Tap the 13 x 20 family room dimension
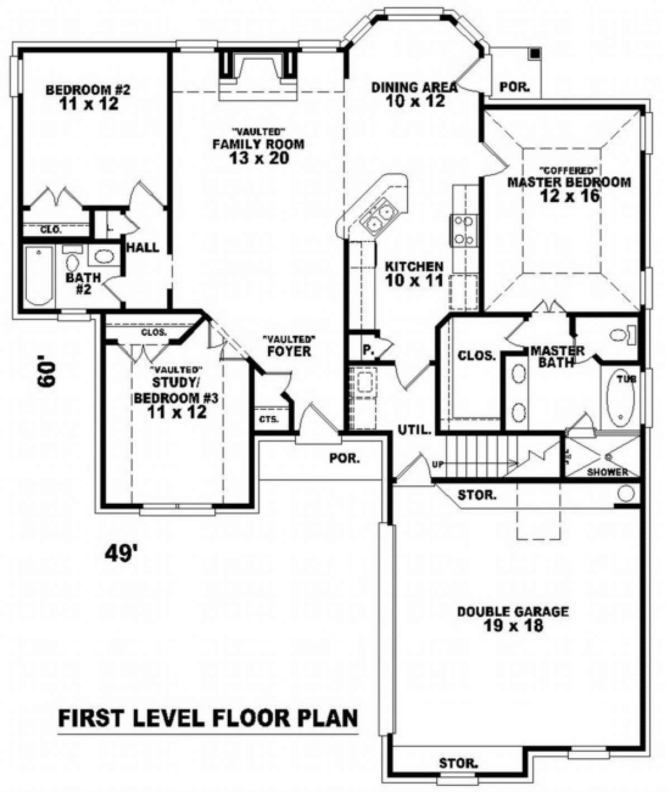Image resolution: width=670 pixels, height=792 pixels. pyautogui.click(x=258, y=158)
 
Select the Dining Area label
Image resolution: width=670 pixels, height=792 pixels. pyautogui.click(x=414, y=87)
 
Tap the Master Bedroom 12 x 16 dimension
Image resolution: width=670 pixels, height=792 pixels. pyautogui.click(x=569, y=195)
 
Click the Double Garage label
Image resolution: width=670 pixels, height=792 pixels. pyautogui.click(x=513, y=612)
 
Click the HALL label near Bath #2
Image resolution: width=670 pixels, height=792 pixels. pyautogui.click(x=143, y=247)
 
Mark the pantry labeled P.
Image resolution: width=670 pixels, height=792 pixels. pyautogui.click(x=367, y=350)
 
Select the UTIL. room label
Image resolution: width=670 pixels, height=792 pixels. pyautogui.click(x=414, y=429)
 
